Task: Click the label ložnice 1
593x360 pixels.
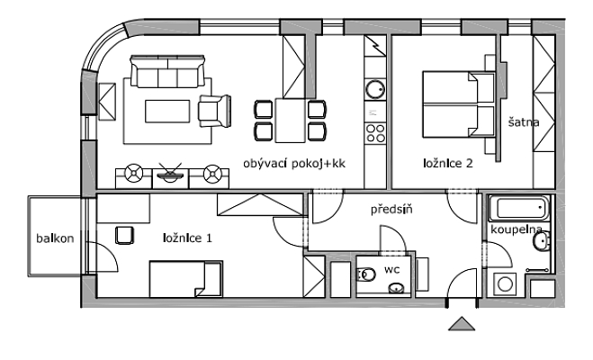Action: coord(187,238)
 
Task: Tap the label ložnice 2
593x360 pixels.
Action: coord(448,164)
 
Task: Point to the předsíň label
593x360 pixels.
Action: coord(391,210)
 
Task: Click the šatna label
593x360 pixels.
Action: coord(522,123)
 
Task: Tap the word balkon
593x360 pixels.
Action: coord(55,238)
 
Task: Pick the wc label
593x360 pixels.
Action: coord(392,268)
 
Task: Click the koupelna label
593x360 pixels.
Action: coord(516,230)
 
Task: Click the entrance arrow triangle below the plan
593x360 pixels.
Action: coord(461,324)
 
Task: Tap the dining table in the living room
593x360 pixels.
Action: coord(290,121)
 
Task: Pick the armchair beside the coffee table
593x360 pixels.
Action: coord(213,111)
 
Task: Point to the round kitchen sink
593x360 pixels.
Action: coord(374,89)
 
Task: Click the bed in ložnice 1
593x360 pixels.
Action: coord(184,279)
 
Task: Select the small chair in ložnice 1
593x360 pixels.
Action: coord(125,235)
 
